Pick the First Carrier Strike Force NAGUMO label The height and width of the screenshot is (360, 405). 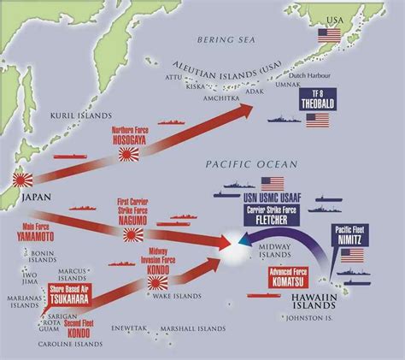tap(135, 208)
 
